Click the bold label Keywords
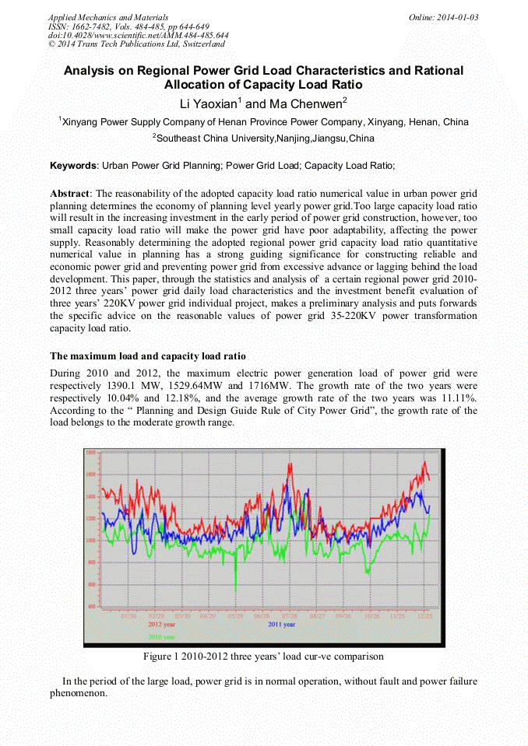pos(73,166)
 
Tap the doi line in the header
pos(139,36)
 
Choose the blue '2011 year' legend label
pos(281,624)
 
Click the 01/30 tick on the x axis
pos(129,615)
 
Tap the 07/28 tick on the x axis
pos(289,615)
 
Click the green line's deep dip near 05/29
pos(236,591)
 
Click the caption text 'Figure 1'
pos(162,657)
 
